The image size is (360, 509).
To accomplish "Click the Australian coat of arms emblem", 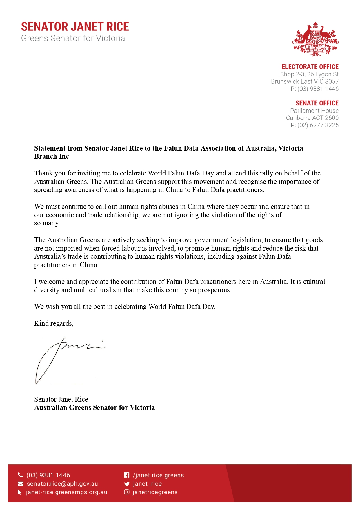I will point(315,39).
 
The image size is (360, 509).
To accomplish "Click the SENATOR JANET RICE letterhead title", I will point(75,27).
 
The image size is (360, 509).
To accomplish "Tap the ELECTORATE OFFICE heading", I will point(310,67).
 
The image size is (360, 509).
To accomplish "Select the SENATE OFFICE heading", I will point(317,103).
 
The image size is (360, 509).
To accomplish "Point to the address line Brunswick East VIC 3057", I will point(305,81).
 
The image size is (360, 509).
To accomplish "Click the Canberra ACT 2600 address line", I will point(312,118).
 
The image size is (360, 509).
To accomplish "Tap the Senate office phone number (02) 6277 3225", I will point(318,125).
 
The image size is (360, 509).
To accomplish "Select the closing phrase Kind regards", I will point(54,323).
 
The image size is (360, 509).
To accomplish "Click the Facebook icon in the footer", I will point(127,475).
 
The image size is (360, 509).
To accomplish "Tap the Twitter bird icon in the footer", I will point(127,484).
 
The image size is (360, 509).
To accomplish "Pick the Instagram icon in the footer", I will point(127,492).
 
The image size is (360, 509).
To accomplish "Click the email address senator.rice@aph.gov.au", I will point(62,484).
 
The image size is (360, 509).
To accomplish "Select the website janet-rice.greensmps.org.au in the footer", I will point(67,492).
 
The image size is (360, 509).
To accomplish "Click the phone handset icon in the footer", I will point(20,475).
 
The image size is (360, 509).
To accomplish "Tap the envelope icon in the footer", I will point(20,484).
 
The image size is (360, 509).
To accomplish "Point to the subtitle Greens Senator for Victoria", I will point(73,38).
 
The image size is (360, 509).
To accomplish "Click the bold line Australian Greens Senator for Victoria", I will point(94,407).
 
